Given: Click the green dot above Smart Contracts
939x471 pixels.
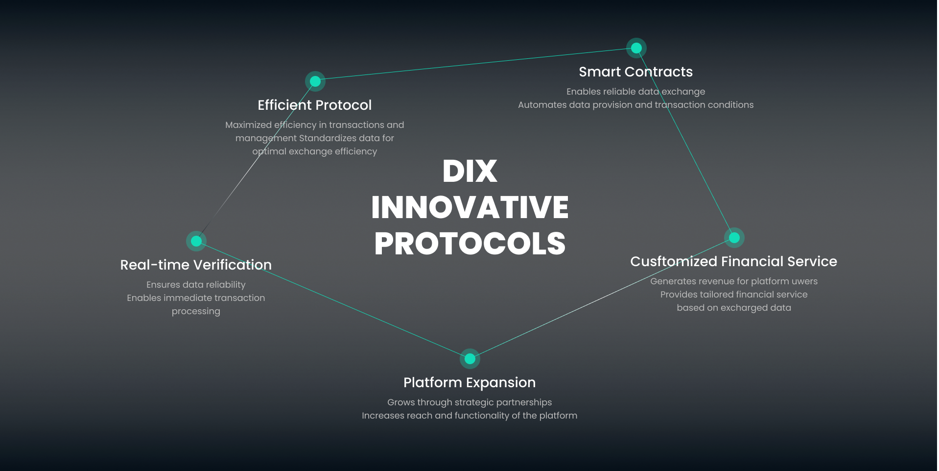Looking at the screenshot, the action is click(x=636, y=48).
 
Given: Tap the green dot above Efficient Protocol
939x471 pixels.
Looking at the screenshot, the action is click(x=315, y=81).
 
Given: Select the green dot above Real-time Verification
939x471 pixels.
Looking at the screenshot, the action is click(x=196, y=241).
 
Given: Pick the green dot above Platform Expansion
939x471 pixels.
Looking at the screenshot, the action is click(x=470, y=359).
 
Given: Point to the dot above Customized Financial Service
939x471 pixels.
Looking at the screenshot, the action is click(x=734, y=238).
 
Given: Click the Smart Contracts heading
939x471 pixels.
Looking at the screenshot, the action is click(x=636, y=72).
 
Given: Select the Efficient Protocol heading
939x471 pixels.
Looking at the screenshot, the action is click(x=315, y=105).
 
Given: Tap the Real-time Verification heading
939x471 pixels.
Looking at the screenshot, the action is click(x=196, y=265).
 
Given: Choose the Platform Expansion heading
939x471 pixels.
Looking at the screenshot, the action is click(x=469, y=382).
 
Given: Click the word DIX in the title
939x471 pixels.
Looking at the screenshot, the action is click(x=470, y=171).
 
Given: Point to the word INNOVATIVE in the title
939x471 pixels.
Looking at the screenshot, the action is click(x=470, y=207).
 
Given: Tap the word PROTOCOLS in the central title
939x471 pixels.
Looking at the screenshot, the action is click(x=470, y=244).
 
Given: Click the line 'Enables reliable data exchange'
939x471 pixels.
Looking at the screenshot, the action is click(x=636, y=92).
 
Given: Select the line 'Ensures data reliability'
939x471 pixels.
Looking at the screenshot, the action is click(x=196, y=285).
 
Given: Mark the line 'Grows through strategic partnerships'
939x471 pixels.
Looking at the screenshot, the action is click(x=469, y=402).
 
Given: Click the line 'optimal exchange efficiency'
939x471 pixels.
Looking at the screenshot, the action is click(x=315, y=151).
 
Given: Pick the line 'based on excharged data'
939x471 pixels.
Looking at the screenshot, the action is click(x=734, y=308).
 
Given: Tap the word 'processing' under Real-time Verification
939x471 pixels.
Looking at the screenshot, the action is click(x=196, y=311).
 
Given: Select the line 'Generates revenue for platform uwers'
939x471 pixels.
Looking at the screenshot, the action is click(x=734, y=281).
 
